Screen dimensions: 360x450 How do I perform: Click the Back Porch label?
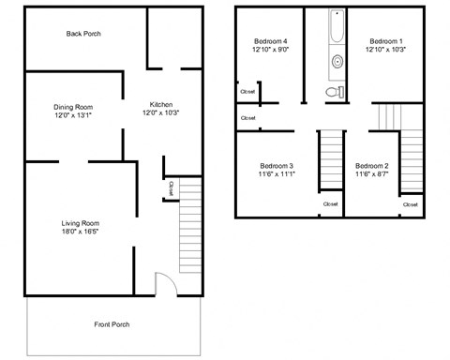coord(83,34)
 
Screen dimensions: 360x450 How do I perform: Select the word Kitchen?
coord(161,104)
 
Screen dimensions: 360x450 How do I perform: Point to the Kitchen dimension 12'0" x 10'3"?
coord(160,112)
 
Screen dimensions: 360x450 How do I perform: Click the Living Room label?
coord(81,222)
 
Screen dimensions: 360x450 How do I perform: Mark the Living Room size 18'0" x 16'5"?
coord(81,232)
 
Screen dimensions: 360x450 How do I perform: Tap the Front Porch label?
coord(112,324)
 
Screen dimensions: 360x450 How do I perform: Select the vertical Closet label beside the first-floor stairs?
coord(171,188)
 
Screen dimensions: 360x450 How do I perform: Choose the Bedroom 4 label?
coord(271,41)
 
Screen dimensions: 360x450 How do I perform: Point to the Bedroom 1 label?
coord(385,41)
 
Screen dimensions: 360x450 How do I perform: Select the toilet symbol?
coord(331,92)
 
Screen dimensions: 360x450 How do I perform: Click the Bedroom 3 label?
coord(277,165)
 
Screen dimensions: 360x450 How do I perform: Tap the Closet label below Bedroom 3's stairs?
coord(331,203)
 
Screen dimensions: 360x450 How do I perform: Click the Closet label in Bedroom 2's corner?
coord(411,203)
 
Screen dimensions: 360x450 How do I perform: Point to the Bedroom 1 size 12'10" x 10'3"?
coord(385,51)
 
